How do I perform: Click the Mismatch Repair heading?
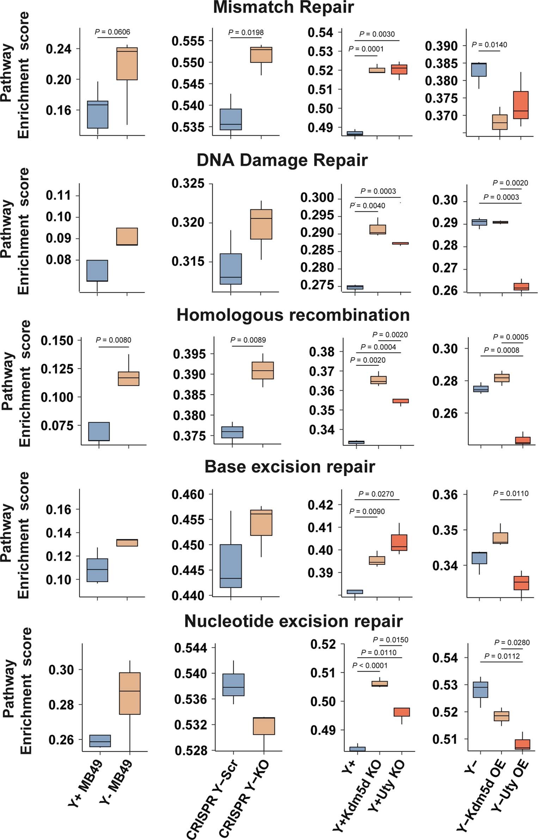click(x=283, y=8)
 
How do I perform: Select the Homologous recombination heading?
click(x=293, y=315)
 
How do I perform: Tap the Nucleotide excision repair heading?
click(x=293, y=621)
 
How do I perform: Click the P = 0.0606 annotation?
click(x=112, y=32)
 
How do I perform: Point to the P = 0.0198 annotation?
click(x=246, y=32)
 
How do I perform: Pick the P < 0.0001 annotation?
click(x=369, y=665)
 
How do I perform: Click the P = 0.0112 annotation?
click(x=502, y=656)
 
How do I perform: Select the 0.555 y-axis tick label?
click(x=188, y=41)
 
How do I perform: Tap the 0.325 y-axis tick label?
click(x=188, y=183)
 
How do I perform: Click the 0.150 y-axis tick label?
click(x=57, y=341)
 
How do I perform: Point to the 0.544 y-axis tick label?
click(x=190, y=647)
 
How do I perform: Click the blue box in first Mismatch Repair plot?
click(x=97, y=114)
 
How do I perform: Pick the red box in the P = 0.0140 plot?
click(x=521, y=105)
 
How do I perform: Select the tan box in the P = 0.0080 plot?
click(x=128, y=378)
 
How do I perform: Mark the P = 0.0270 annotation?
click(x=376, y=494)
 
